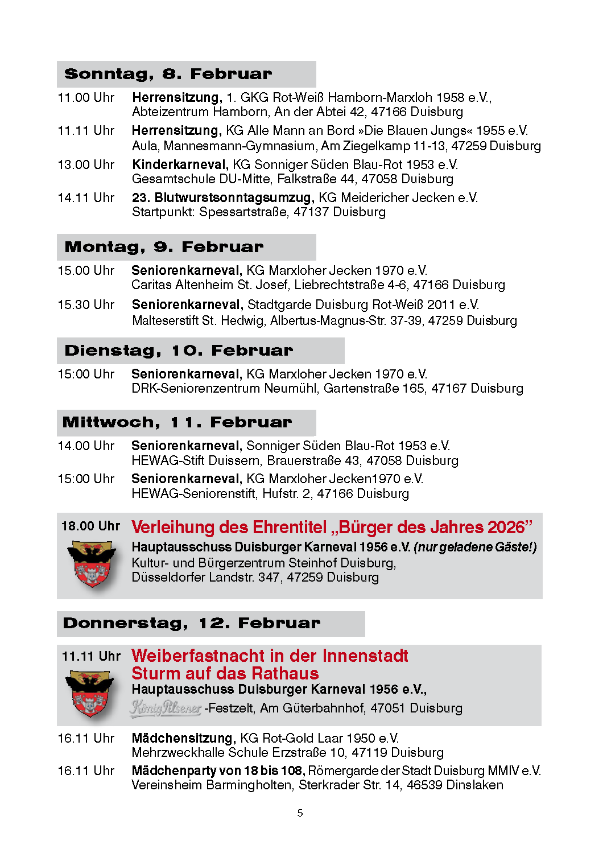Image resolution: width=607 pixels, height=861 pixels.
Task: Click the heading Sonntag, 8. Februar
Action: (x=168, y=74)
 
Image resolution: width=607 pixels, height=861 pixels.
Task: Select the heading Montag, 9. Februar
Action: (x=164, y=247)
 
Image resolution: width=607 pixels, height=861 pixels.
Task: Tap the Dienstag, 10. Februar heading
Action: (x=179, y=351)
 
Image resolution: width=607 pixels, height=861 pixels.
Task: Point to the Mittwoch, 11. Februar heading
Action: (x=177, y=422)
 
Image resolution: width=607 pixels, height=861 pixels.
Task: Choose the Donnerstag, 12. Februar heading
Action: (x=192, y=623)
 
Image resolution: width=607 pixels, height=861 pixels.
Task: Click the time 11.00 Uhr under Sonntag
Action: (x=86, y=98)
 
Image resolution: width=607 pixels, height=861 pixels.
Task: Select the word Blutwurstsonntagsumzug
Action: (x=233, y=197)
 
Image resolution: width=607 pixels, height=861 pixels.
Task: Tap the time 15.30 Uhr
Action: (x=86, y=305)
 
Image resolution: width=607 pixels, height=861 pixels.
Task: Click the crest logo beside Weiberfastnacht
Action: (x=89, y=693)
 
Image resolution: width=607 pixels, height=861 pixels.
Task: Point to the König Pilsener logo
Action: (x=166, y=708)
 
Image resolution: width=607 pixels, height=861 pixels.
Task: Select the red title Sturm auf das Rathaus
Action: (x=225, y=674)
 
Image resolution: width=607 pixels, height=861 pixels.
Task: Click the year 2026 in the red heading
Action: (x=505, y=528)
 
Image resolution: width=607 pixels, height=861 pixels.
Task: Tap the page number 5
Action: (x=300, y=813)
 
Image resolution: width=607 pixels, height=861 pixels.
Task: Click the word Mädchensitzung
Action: (x=183, y=738)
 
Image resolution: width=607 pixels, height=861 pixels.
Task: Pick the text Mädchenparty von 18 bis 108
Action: (x=218, y=771)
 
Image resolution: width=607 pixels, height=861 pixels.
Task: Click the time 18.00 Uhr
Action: (x=90, y=526)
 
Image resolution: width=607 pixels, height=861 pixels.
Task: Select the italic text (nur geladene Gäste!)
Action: (x=475, y=547)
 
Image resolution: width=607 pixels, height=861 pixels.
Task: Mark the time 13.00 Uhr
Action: (x=86, y=165)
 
